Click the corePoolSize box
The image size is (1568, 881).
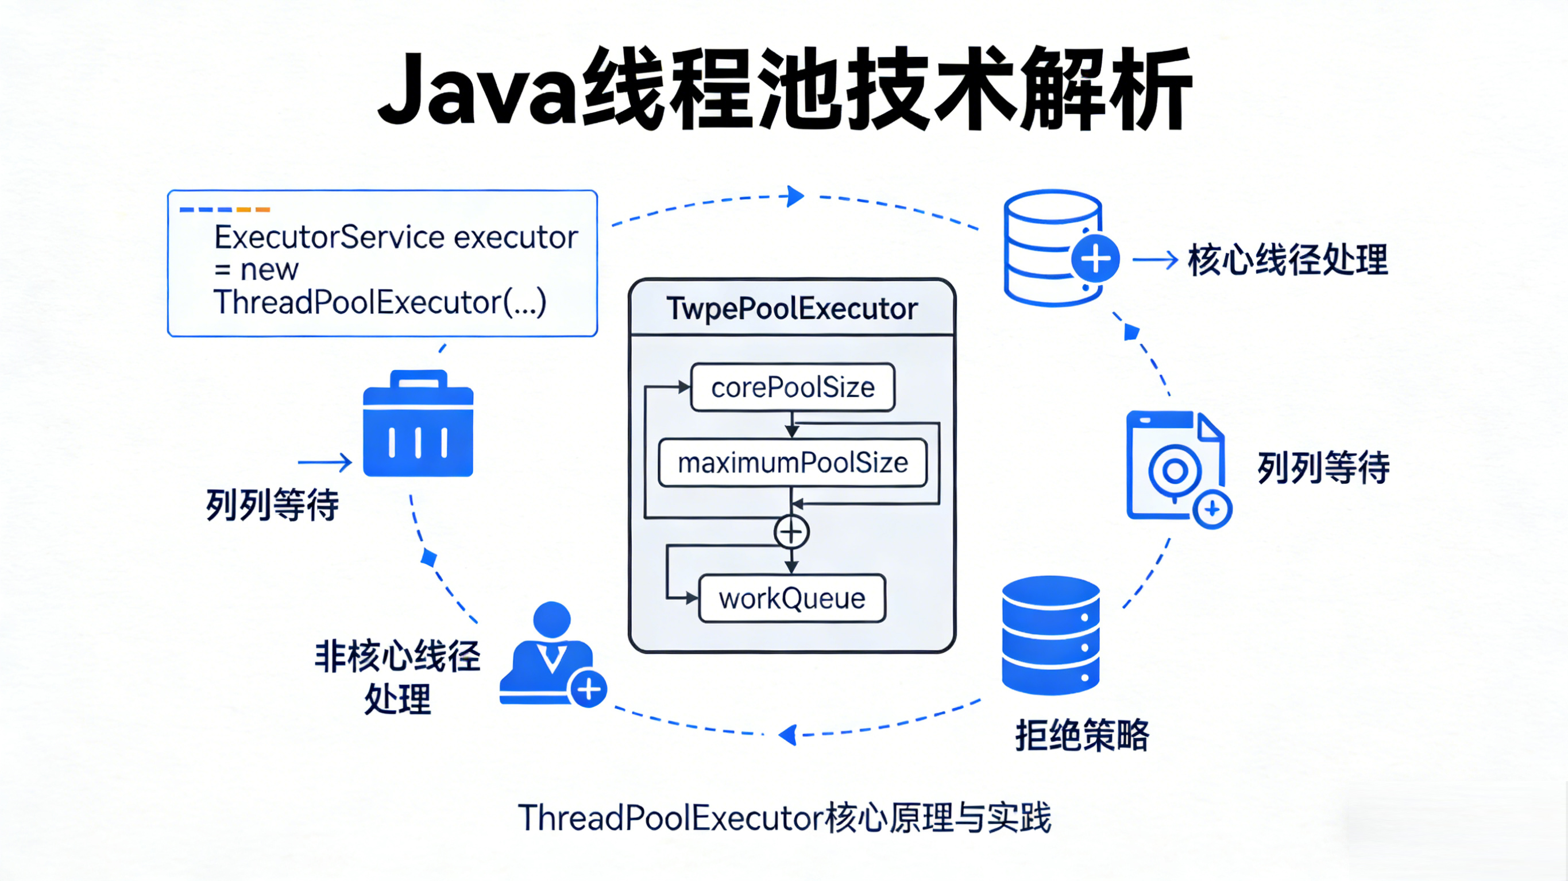coord(793,387)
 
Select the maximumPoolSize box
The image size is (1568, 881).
coord(793,463)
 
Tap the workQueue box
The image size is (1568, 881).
coord(792,599)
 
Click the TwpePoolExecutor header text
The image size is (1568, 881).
coord(792,308)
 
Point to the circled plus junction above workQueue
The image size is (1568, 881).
coord(791,533)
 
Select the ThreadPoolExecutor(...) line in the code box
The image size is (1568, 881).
coord(380,302)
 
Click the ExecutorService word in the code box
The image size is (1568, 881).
coord(329,236)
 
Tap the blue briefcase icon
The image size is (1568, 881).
coord(418,424)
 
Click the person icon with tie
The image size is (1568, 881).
coord(546,654)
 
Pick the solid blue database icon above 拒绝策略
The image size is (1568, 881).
coord(1051,635)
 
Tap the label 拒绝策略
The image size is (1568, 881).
coord(1082,735)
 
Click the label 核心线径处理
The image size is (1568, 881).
coord(1287,261)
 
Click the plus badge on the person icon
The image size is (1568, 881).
coord(589,689)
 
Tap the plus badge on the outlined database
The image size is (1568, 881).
coord(1096,259)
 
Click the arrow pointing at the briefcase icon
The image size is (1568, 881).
coord(325,463)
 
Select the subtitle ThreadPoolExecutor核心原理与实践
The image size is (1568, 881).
coord(784,817)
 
